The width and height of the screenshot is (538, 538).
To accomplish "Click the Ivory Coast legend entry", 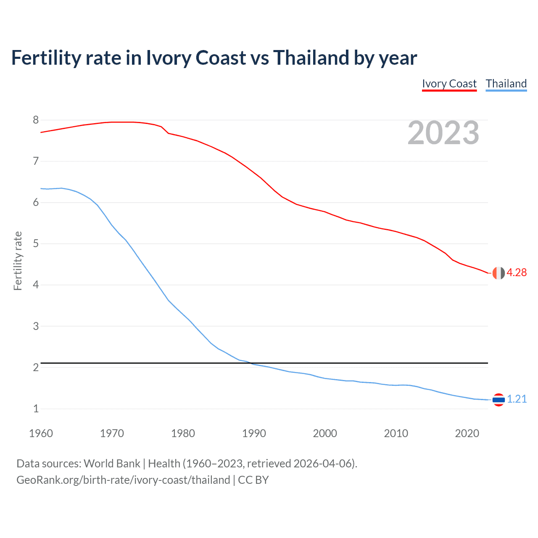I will pyautogui.click(x=449, y=84).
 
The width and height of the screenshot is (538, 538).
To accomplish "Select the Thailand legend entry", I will pyautogui.click(x=506, y=84).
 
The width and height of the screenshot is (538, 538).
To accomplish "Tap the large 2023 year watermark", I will pyautogui.click(x=443, y=133).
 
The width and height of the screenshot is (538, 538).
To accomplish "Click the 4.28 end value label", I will pyautogui.click(x=517, y=272).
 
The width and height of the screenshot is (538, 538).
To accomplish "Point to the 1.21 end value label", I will pyautogui.click(x=517, y=399).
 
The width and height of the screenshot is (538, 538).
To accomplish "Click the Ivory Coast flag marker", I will pyautogui.click(x=498, y=273).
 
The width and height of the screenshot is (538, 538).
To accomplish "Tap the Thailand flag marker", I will pyautogui.click(x=498, y=399).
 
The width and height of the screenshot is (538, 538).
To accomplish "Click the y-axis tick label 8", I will pyautogui.click(x=36, y=120).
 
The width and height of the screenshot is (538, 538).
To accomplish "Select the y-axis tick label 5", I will pyautogui.click(x=36, y=244).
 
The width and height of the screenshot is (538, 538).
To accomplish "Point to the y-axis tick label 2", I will pyautogui.click(x=36, y=367).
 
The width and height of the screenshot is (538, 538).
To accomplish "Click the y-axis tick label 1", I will pyautogui.click(x=36, y=409).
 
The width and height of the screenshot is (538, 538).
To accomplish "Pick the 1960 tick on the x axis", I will pyautogui.click(x=41, y=433).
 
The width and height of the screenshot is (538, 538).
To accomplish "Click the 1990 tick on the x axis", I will pyautogui.click(x=254, y=433).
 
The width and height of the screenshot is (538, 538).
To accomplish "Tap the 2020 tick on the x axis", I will pyautogui.click(x=467, y=433).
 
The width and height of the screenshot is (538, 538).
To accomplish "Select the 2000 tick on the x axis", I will pyautogui.click(x=325, y=433).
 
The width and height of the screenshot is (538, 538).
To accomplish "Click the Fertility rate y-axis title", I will pyautogui.click(x=18, y=261).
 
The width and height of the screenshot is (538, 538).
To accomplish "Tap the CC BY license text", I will pyautogui.click(x=253, y=480).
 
